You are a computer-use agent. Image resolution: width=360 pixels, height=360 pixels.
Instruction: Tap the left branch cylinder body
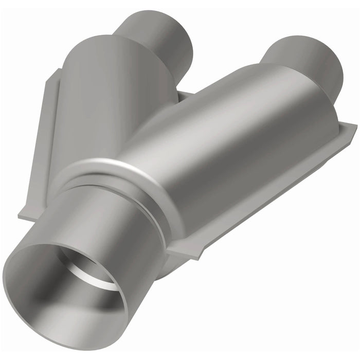(x=113, y=98)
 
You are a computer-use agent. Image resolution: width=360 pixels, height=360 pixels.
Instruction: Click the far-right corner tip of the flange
(x=355, y=126)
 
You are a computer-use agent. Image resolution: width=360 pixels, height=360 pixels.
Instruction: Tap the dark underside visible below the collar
(x=165, y=267)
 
